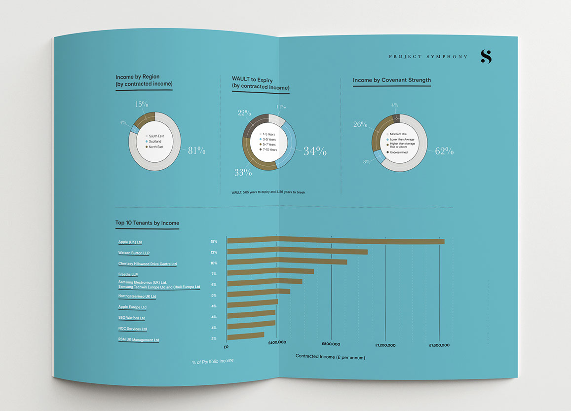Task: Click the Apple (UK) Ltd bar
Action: click(336, 241)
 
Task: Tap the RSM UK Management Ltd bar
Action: click(245, 336)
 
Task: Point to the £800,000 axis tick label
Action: click(331, 344)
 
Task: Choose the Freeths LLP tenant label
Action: click(128, 274)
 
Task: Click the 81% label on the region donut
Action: click(196, 150)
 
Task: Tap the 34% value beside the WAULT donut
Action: click(315, 151)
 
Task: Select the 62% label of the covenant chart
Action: click(444, 151)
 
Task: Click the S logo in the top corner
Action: click(486, 57)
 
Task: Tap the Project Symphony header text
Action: click(428, 57)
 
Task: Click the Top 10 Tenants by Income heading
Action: click(147, 223)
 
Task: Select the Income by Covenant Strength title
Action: click(392, 80)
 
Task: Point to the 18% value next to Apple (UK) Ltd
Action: click(214, 242)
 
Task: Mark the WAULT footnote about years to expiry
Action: click(268, 191)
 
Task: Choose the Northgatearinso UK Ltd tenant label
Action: click(137, 297)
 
